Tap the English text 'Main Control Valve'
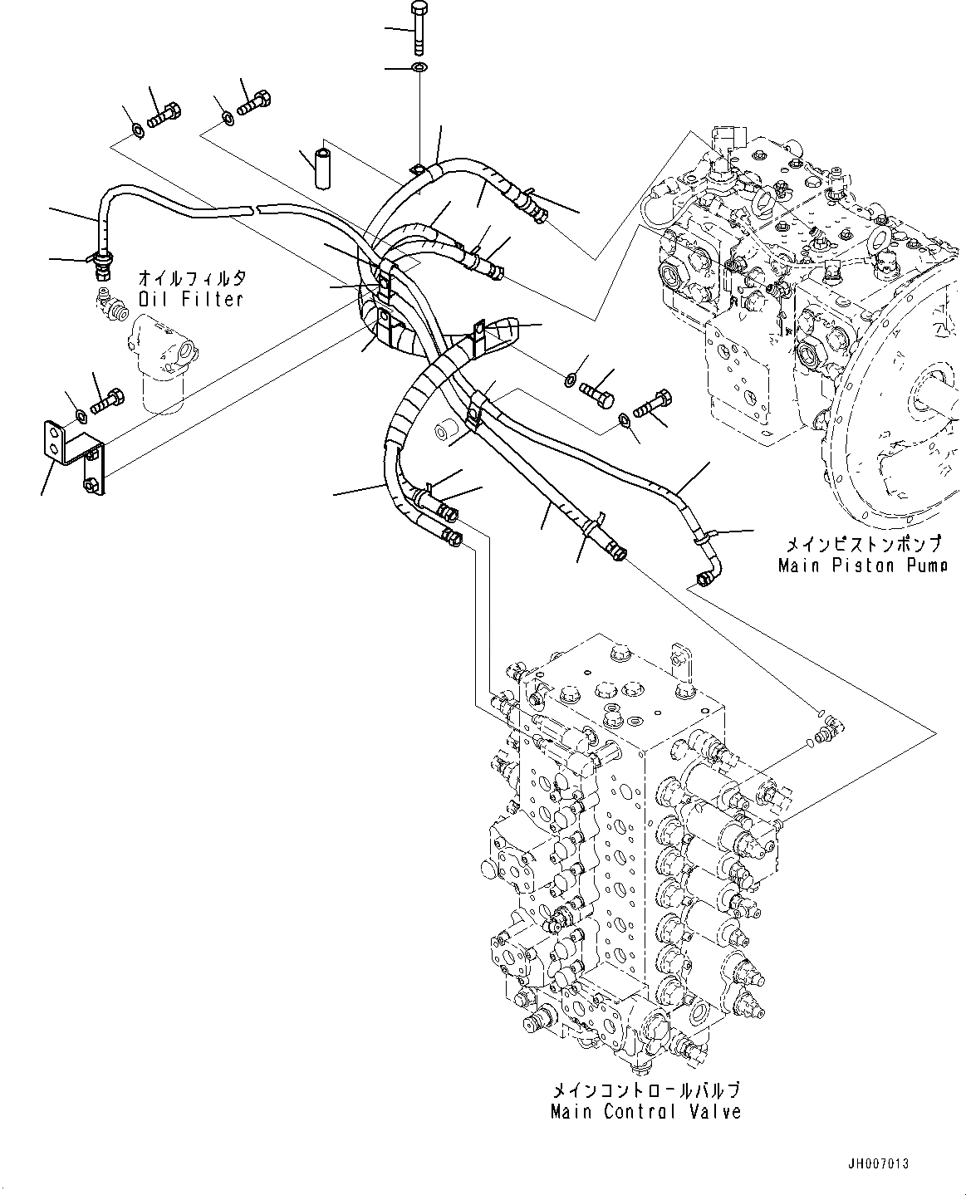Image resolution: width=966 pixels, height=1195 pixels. (x=645, y=1111)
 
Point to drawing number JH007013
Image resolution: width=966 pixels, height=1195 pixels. (x=879, y=1164)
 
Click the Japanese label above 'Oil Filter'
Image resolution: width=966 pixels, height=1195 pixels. (x=193, y=278)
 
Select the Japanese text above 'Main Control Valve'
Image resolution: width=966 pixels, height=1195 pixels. (x=645, y=1090)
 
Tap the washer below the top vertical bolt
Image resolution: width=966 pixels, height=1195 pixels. (x=419, y=67)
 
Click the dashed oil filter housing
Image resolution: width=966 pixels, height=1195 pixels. (x=166, y=362)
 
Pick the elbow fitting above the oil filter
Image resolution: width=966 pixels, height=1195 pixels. (x=110, y=305)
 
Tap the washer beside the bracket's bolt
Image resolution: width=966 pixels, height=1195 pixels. (x=80, y=414)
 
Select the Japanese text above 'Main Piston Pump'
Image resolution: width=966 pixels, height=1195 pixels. (x=864, y=545)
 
